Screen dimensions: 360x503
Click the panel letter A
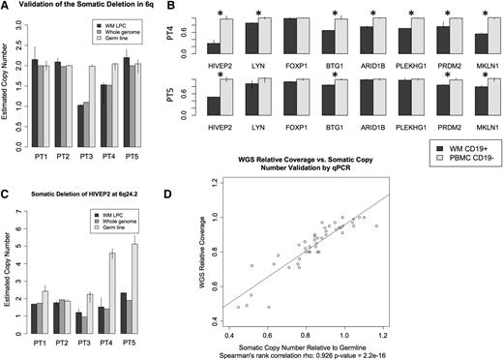7,8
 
